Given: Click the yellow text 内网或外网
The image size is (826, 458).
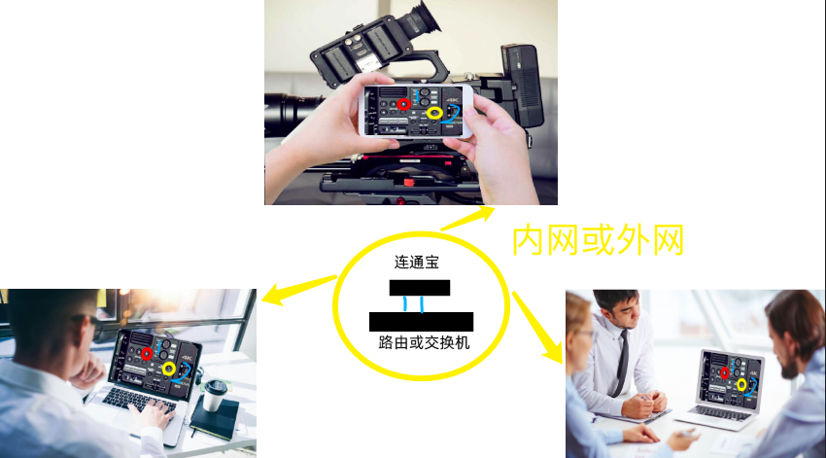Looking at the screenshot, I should (598, 238).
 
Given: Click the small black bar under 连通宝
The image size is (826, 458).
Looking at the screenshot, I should (419, 287).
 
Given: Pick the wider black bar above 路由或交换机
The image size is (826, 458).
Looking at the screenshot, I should (421, 322).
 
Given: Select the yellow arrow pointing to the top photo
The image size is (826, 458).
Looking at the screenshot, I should (465, 218).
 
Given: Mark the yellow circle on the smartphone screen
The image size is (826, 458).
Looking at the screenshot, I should (433, 114).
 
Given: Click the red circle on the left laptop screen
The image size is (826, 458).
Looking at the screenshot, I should (147, 353).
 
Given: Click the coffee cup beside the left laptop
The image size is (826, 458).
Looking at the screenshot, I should (215, 395).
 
